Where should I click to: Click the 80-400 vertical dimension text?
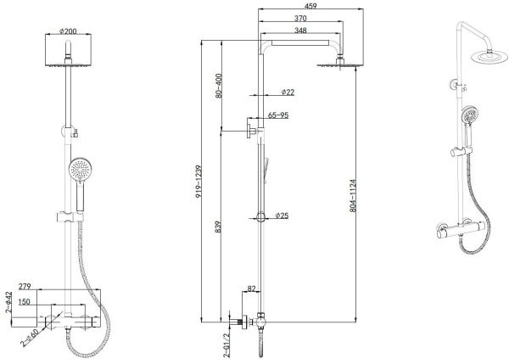click(220, 85)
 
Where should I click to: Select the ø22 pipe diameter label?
click(286, 91)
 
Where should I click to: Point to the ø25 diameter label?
click(282, 216)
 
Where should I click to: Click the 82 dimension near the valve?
click(251, 290)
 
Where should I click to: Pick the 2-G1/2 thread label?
click(227, 343)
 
